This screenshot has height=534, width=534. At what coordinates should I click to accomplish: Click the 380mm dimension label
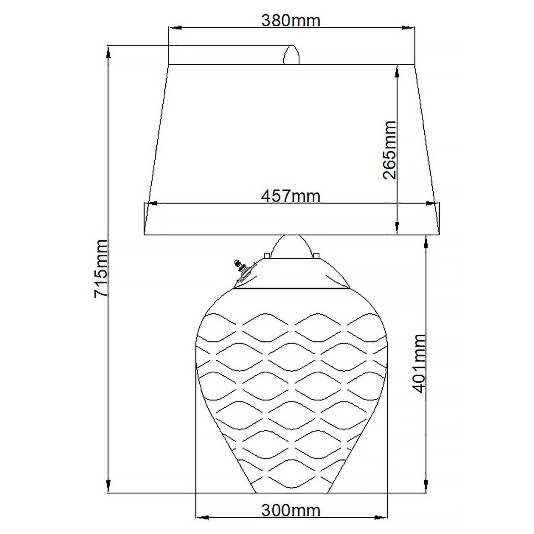pos(291,21)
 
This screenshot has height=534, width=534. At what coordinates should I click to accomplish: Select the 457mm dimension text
pos(291,196)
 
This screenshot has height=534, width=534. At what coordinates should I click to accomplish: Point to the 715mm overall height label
pos(100,268)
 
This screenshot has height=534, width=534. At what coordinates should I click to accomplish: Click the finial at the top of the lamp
pos(291,56)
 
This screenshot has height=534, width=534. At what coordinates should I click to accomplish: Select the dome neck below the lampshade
pos(291,246)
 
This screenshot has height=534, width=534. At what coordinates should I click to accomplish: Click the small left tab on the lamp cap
pos(266,255)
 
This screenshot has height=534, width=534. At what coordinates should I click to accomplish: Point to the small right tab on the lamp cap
pos(316,255)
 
